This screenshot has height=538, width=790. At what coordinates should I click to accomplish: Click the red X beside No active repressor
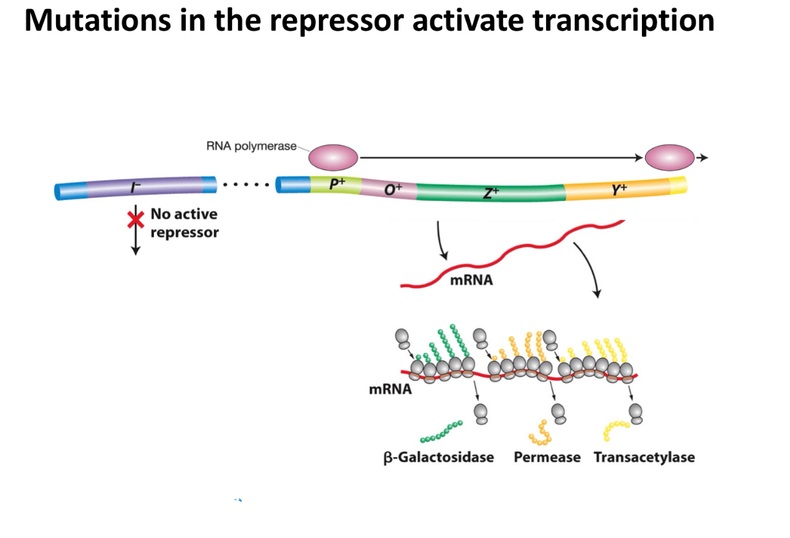pos(136,220)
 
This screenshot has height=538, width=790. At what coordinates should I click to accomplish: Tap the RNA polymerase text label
pos(251,146)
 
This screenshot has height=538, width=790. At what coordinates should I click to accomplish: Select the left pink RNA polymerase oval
pos(333,158)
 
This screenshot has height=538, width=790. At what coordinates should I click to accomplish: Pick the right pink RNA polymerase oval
pos(670,158)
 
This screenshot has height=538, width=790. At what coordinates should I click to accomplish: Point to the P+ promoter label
pos(337,184)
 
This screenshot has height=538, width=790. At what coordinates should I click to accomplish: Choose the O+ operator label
pos(393,189)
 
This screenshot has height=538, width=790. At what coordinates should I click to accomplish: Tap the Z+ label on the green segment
pos(491,192)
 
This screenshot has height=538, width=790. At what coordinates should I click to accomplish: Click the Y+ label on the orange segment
pos(619,189)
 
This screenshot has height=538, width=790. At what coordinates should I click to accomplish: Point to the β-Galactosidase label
pos(438,457)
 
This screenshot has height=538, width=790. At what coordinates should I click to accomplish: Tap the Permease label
pos(547,457)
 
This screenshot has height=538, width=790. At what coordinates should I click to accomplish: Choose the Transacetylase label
pos(645,457)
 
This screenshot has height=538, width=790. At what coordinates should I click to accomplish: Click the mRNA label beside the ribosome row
pos(390,389)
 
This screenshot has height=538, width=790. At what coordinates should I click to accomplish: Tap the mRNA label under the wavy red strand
pos(471,280)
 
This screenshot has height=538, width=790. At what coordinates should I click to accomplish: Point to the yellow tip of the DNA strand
pos(679,185)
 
